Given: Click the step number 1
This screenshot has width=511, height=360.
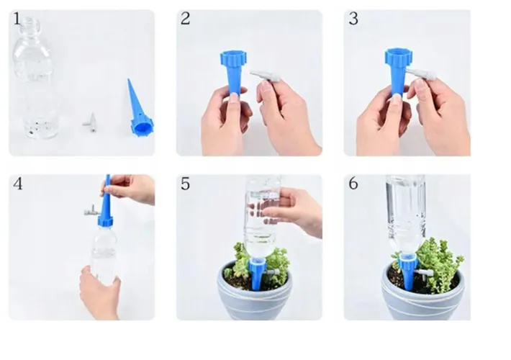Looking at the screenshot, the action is coord(17,19).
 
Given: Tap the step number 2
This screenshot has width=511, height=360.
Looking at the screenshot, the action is coord(185,19).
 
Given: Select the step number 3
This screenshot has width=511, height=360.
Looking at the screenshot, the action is coord(353,19).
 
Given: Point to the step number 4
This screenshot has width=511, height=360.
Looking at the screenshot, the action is coord(17,184).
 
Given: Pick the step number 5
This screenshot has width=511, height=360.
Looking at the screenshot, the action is coord(185,184).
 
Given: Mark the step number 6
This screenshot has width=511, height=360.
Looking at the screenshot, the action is coord(353,184).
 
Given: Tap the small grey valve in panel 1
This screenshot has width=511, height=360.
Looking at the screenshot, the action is coord(90,122).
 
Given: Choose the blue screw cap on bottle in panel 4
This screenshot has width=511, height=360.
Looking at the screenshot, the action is coord(106,221).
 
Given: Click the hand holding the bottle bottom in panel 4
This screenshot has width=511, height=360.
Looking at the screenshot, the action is coord(99,290).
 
